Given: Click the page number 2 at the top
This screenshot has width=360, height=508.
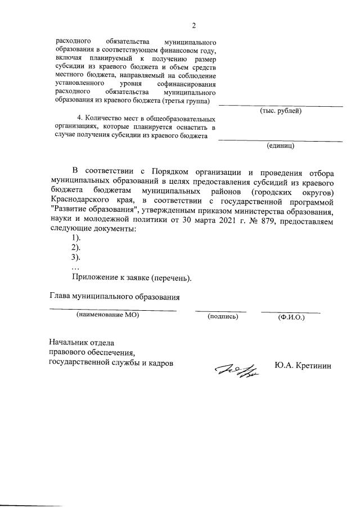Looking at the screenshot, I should pyautogui.click(x=193, y=25).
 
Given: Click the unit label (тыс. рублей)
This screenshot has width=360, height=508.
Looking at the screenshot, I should pyautogui.click(x=281, y=111).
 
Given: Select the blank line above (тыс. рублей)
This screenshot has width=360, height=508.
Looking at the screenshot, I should pyautogui.click(x=281, y=106).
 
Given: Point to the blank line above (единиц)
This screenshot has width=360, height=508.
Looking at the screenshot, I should pyautogui.click(x=281, y=140).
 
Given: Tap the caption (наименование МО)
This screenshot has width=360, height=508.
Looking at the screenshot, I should pyautogui.click(x=107, y=316).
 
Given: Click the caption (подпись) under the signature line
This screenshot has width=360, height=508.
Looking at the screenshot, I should pyautogui.click(x=223, y=316).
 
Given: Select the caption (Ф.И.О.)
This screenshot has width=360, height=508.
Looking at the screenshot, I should pyautogui.click(x=291, y=317).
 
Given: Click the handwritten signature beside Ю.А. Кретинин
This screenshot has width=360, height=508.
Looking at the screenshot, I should pyautogui.click(x=236, y=371).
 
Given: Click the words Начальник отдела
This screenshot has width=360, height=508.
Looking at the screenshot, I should pyautogui.click(x=82, y=342).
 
